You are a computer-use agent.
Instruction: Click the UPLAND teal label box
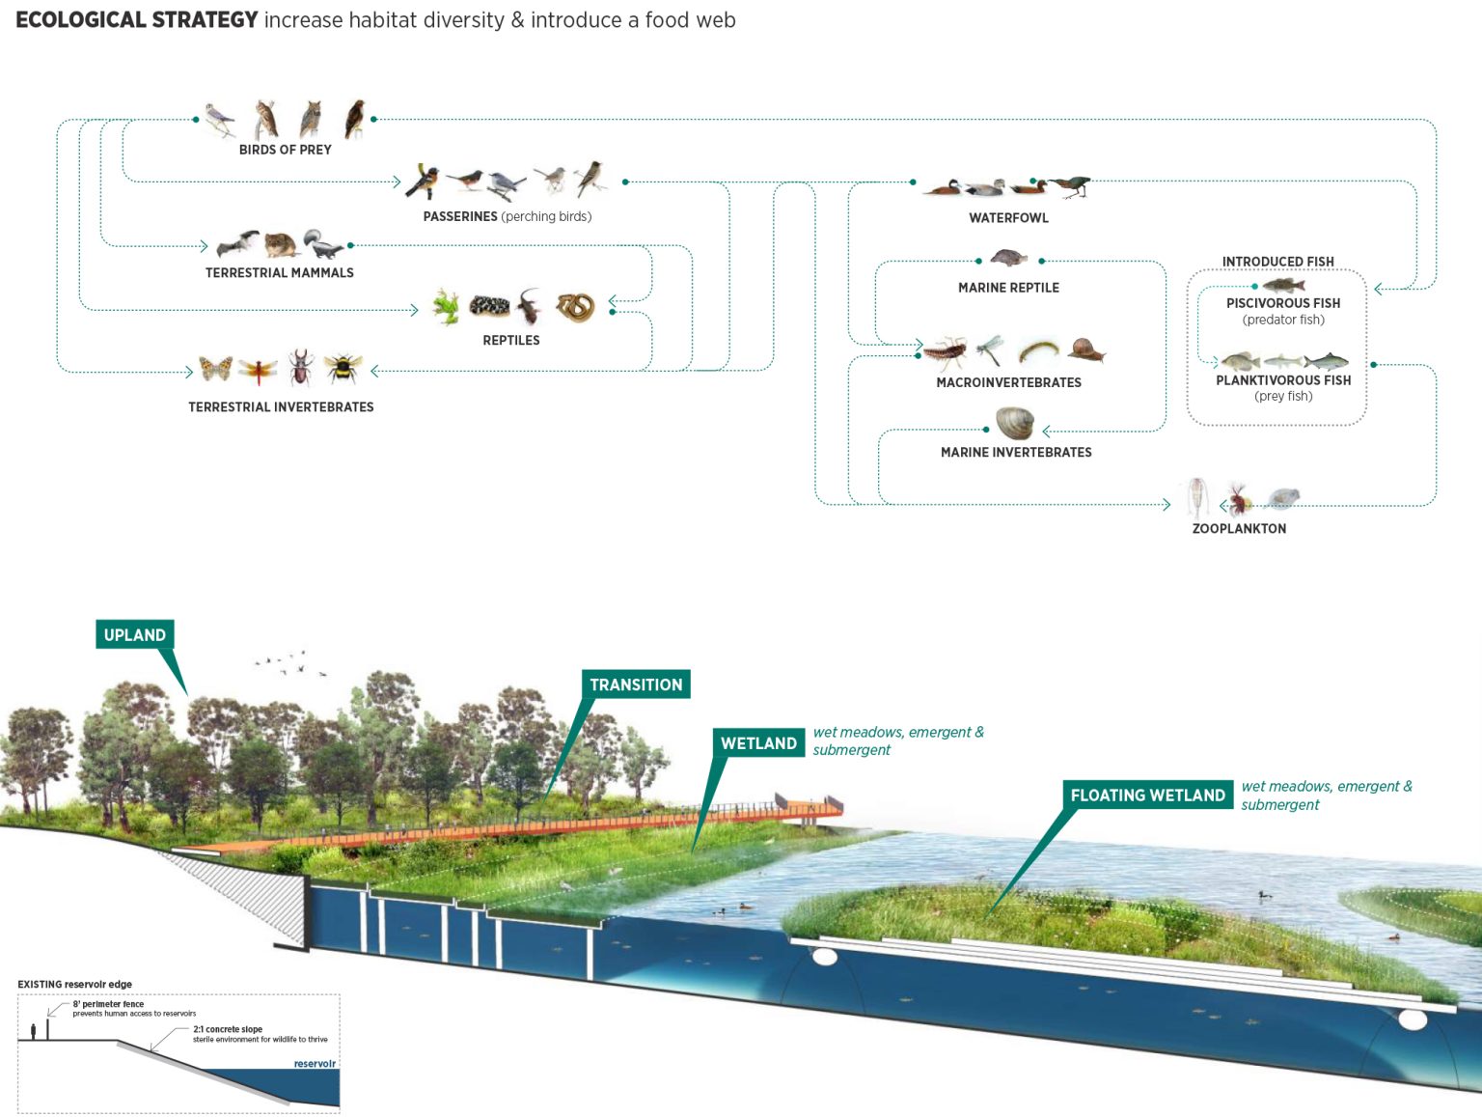tap(135, 634)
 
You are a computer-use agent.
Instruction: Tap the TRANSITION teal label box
tap(636, 684)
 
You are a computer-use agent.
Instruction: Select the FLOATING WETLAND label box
tap(1147, 795)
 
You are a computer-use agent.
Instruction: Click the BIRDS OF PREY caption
tap(285, 150)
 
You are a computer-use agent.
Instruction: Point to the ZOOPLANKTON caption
tap(1239, 528)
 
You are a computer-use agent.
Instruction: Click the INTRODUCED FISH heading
tap(1277, 262)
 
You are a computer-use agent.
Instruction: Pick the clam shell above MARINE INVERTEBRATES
tap(1014, 423)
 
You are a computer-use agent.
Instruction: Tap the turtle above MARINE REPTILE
tap(1008, 259)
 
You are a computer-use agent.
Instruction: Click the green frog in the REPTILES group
tap(446, 306)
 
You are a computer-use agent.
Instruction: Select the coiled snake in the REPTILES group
tap(575, 307)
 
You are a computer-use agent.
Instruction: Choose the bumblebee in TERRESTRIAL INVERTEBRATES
tap(343, 368)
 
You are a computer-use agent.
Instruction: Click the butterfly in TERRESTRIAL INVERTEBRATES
tap(215, 368)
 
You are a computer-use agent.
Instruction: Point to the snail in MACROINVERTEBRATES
tap(1086, 349)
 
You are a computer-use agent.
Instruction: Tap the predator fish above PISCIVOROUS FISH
tap(1283, 284)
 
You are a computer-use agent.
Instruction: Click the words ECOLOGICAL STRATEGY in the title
tap(136, 20)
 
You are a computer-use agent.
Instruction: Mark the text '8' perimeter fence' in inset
tap(108, 1004)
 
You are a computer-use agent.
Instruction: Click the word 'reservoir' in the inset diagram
tap(315, 1064)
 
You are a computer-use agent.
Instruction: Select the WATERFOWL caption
tap(1008, 218)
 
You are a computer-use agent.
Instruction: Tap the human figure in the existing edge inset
tap(34, 1031)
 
